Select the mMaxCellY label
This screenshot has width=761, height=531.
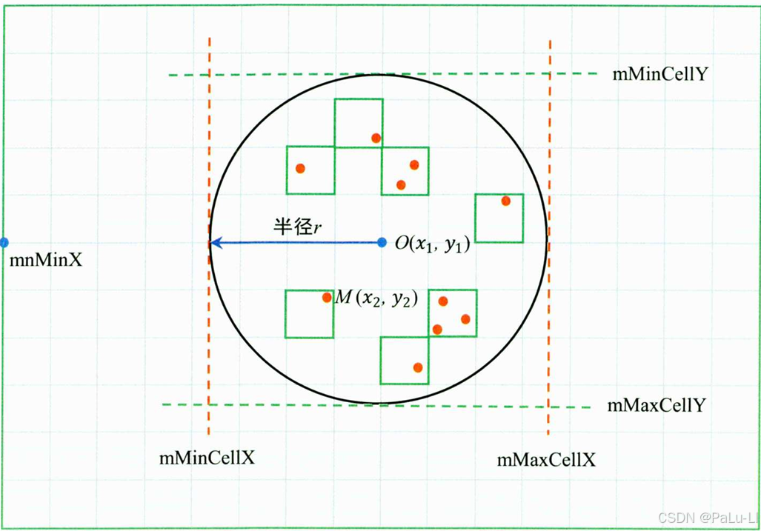pyautogui.click(x=656, y=406)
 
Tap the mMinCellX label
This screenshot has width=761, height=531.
pyautogui.click(x=207, y=458)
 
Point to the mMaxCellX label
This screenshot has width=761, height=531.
pyautogui.click(x=546, y=460)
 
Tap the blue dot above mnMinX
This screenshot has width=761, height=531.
pyautogui.click(x=4, y=242)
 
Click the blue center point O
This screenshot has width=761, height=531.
pyautogui.click(x=382, y=242)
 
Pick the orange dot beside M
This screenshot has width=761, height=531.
pyautogui.click(x=327, y=298)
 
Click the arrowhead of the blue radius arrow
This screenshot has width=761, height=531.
pyautogui.click(x=215, y=242)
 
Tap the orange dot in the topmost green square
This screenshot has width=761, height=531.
pyautogui.click(x=376, y=138)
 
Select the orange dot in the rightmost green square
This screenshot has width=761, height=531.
pyautogui.click(x=505, y=201)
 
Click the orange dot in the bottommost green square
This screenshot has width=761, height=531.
pyautogui.click(x=418, y=367)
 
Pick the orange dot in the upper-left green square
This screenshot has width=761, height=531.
pyautogui.click(x=300, y=169)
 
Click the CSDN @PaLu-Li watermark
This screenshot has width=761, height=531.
pyautogui.click(x=707, y=516)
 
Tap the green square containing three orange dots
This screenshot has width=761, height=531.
pyautogui.click(x=453, y=313)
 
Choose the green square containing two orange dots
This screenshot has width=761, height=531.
pyautogui.click(x=405, y=171)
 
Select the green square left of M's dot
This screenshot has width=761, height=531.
pyautogui.click(x=309, y=314)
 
